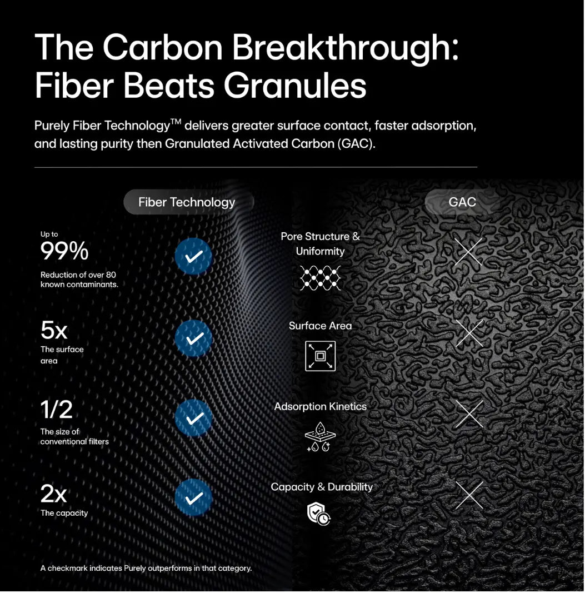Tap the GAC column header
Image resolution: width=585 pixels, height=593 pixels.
[462, 202]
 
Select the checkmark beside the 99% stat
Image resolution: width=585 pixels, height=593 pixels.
[193, 256]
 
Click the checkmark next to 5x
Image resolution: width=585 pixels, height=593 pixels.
[193, 338]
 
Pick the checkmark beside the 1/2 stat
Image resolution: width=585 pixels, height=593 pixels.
[193, 418]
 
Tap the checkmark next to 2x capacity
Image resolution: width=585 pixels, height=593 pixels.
[193, 497]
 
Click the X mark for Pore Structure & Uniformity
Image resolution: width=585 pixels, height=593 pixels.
[468, 252]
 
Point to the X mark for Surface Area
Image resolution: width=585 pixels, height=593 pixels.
[469, 333]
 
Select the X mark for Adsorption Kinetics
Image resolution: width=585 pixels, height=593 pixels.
[469, 414]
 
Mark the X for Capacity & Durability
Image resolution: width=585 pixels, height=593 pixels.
[469, 495]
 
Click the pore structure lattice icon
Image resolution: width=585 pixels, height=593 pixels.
[321, 278]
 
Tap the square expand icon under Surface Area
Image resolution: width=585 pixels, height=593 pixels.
[321, 356]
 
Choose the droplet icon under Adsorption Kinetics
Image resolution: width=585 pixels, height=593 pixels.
[321, 437]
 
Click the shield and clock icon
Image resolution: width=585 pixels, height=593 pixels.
[319, 514]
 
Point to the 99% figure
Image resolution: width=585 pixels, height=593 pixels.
[64, 251]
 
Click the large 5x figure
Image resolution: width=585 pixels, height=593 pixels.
[54, 330]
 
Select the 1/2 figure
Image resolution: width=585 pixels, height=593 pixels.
[56, 410]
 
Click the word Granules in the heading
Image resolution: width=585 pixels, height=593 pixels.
[295, 86]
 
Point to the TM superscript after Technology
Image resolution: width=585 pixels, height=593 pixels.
[176, 121]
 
